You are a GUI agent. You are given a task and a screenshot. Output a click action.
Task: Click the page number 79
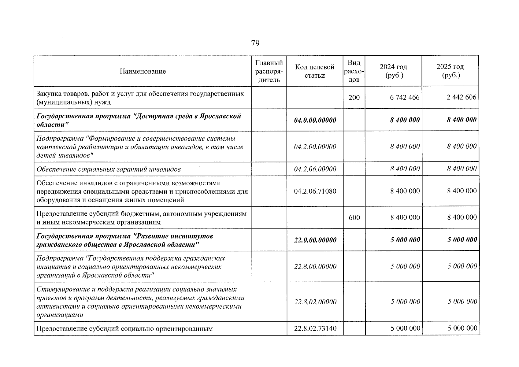click(255, 43)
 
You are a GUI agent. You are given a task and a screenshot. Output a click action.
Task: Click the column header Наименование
click(143, 71)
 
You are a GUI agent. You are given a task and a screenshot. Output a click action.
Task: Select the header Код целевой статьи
click(315, 71)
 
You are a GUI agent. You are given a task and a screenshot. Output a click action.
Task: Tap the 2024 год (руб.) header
click(393, 71)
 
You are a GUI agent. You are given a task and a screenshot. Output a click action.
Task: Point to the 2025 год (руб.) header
click(450, 71)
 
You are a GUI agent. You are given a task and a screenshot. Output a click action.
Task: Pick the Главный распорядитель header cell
click(269, 71)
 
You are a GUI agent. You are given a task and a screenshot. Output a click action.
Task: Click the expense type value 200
click(354, 98)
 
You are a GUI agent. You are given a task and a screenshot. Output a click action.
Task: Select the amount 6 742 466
click(405, 98)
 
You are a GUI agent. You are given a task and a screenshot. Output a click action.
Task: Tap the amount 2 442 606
click(461, 98)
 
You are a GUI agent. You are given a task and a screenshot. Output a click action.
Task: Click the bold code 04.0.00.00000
click(315, 120)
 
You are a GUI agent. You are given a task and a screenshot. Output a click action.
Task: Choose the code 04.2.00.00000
click(315, 147)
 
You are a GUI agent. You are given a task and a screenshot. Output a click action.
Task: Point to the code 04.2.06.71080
click(315, 191)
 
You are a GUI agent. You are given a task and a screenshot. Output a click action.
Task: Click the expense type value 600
click(354, 217)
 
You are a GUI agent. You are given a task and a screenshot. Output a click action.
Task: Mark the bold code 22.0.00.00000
click(315, 240)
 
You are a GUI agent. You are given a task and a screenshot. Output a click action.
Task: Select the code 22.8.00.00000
click(315, 266)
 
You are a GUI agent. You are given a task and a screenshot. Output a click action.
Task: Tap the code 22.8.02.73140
click(315, 328)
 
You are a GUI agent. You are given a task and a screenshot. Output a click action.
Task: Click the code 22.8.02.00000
click(315, 302)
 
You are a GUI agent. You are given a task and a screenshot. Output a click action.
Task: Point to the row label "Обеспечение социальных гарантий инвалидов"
click(109, 169)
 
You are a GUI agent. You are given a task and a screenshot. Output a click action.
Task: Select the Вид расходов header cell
click(354, 71)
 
